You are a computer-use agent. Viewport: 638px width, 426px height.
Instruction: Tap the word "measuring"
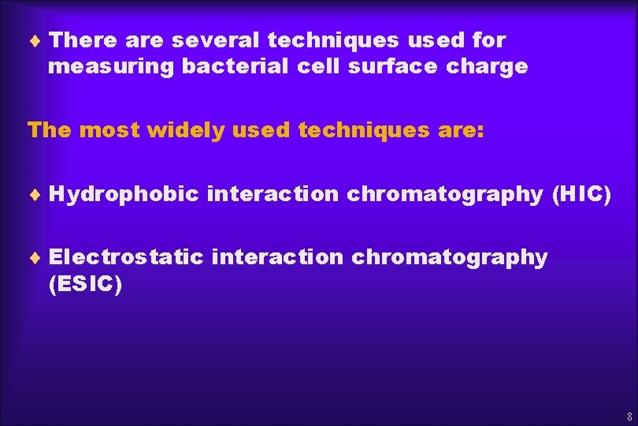click(x=111, y=67)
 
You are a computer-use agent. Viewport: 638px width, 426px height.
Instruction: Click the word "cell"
click(x=320, y=67)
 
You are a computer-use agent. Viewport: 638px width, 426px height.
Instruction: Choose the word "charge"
click(x=487, y=67)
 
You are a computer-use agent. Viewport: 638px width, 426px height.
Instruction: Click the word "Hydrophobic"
click(x=124, y=194)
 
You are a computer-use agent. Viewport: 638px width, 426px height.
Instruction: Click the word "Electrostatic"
click(x=127, y=257)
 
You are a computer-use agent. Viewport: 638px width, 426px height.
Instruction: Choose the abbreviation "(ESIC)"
click(x=85, y=285)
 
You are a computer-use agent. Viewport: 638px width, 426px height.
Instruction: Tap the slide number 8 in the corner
click(x=629, y=416)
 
